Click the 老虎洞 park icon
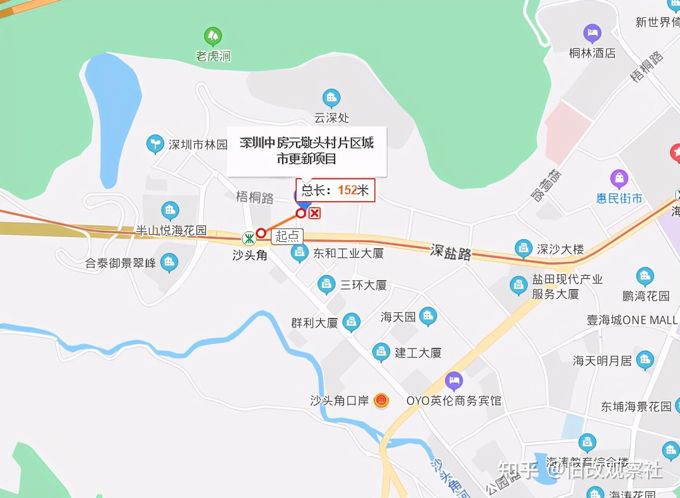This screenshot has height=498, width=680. tap(213, 36)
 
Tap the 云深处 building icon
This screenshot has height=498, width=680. tap(331, 98)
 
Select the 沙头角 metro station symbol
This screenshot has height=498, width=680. tap(249, 239)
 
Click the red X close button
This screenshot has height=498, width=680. tap(315, 213)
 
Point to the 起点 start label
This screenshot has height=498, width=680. tap(287, 236)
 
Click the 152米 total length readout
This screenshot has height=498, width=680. tap(353, 190)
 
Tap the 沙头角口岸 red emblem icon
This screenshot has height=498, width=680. tap(381, 400)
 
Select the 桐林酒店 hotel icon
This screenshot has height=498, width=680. tap(592, 33)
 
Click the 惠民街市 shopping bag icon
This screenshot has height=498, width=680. tap(619, 178)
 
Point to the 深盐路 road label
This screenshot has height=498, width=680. tap(451, 252)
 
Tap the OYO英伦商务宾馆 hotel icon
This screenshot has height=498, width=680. tap(453, 381)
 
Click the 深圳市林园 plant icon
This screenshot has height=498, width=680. tap(155, 144)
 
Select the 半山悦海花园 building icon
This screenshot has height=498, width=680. tap(170, 211)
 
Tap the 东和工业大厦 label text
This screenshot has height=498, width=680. tap(348, 253)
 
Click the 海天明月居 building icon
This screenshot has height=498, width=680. tap(645, 360)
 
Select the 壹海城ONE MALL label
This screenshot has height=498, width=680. tap(632, 320)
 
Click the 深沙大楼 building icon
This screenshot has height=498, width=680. tap(523, 248)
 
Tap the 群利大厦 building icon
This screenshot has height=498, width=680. tap(351, 322)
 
